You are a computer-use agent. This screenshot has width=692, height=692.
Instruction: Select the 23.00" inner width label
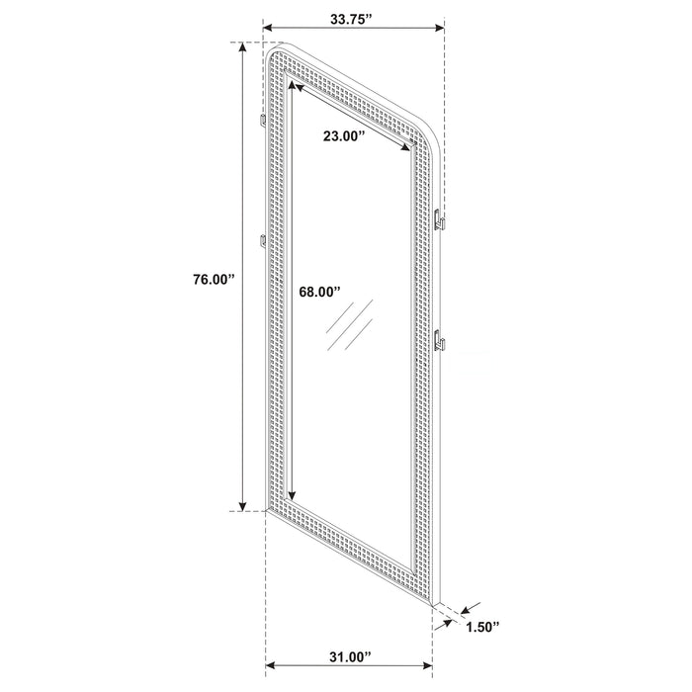(x=344, y=137)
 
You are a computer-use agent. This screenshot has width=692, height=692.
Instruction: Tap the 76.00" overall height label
(x=213, y=280)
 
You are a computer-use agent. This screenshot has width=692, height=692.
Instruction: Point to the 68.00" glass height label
(x=319, y=292)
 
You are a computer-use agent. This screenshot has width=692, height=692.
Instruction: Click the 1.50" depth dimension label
(x=483, y=626)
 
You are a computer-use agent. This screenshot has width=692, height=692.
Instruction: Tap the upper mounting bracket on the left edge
(x=261, y=122)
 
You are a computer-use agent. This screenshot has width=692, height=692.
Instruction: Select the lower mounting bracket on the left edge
(x=261, y=240)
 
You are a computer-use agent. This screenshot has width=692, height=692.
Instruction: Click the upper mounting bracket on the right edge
(x=441, y=216)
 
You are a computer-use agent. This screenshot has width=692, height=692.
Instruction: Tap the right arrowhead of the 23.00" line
(x=407, y=148)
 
